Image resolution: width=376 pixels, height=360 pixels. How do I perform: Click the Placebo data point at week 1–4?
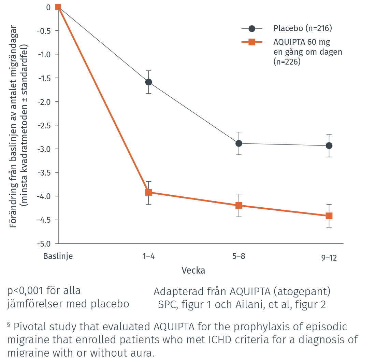point(148,82)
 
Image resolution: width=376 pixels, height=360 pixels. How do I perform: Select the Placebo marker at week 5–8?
point(239,143)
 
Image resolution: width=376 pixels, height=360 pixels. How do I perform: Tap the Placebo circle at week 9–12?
point(329,146)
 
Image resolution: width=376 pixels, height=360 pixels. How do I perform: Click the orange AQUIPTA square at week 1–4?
point(148,192)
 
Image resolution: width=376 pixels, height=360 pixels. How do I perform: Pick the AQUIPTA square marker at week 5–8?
point(239,205)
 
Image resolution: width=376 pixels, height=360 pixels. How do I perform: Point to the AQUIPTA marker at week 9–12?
point(329,216)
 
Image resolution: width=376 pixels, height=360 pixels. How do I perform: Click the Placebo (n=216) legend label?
point(302,28)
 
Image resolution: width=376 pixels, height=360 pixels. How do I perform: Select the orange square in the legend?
point(252,42)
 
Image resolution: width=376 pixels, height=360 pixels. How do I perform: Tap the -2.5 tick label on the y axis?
point(43,125)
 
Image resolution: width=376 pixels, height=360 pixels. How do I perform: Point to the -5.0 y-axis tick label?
point(43,244)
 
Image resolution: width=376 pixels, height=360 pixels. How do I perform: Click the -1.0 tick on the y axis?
point(43,54)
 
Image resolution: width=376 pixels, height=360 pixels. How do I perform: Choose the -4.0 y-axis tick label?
point(43,196)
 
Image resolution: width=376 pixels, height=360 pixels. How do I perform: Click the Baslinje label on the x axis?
point(58,256)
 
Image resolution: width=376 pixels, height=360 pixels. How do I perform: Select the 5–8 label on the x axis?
point(239,256)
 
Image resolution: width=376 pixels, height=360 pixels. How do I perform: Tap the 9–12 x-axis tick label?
point(329,258)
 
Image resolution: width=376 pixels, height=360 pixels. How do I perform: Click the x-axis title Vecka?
point(193,271)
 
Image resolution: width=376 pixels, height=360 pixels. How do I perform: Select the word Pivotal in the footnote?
point(33,327)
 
